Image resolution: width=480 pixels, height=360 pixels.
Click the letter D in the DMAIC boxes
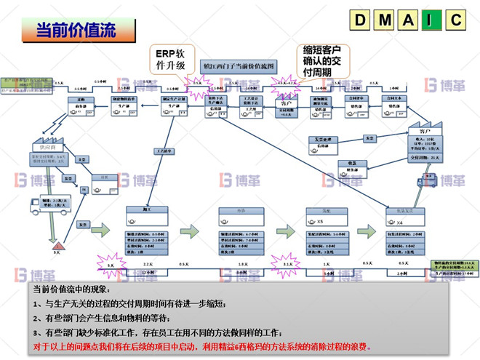coord(360,20)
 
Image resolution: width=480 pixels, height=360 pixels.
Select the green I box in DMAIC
coord(431,20)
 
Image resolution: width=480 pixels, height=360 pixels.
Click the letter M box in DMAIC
coord(383,20)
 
